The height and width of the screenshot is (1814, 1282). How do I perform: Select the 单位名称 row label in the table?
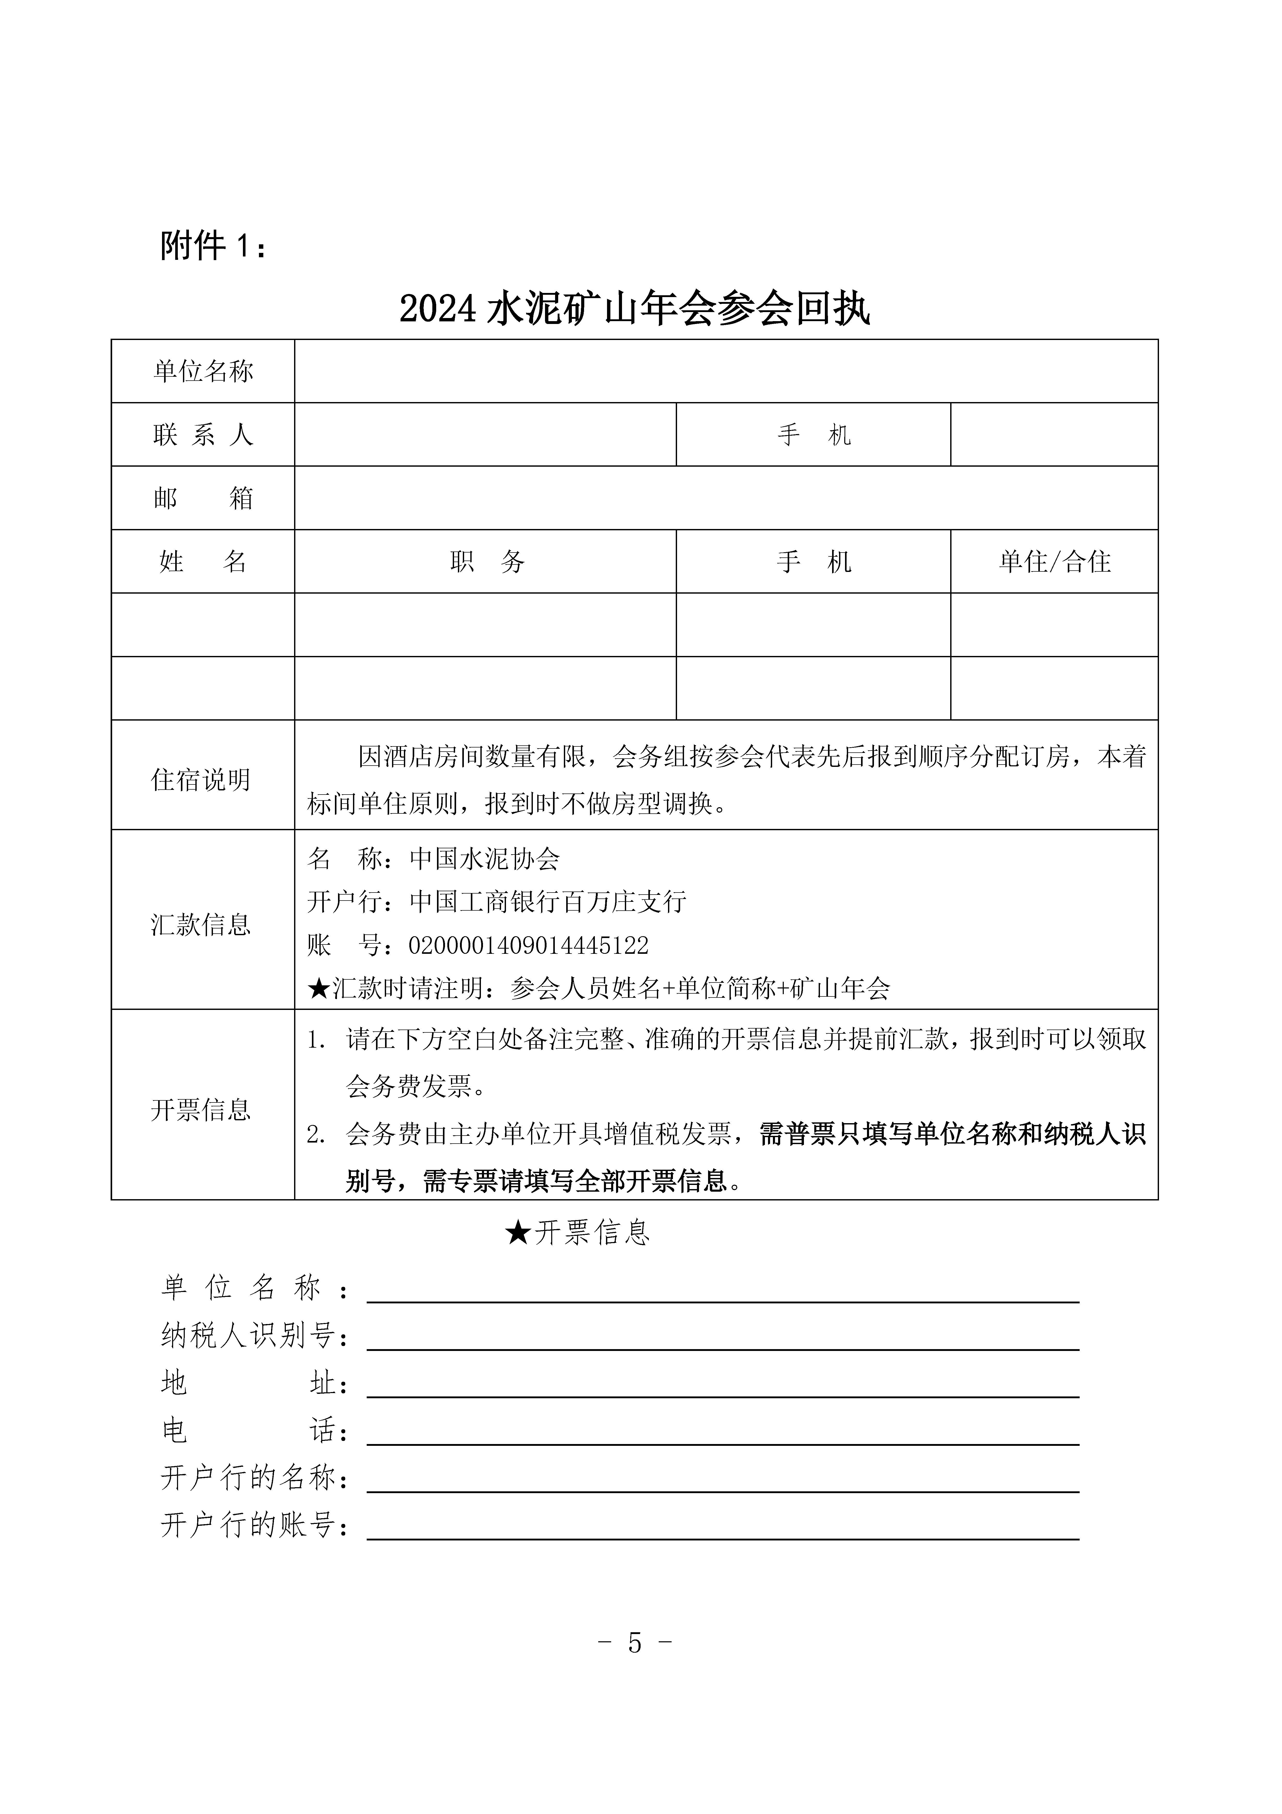[203, 371]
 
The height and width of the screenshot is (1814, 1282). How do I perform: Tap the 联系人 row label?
[203, 435]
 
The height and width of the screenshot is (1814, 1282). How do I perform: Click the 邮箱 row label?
[203, 498]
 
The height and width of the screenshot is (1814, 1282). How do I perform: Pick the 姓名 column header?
[203, 562]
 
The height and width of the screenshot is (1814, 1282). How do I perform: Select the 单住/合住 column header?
[1055, 562]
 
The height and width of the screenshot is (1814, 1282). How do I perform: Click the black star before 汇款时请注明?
[318, 988]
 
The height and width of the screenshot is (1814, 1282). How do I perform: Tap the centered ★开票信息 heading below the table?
[577, 1233]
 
